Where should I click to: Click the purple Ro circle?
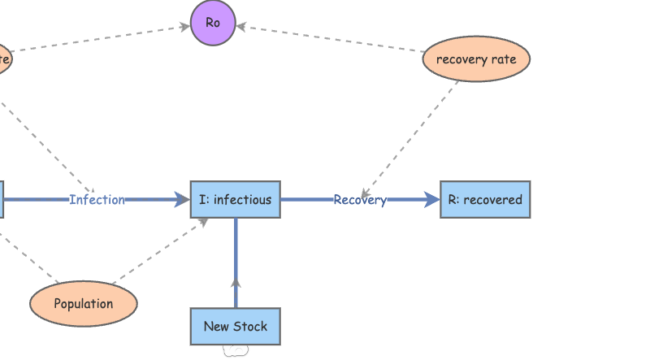pyautogui.click(x=213, y=24)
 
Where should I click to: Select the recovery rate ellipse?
pyautogui.click(x=476, y=59)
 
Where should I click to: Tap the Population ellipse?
pyautogui.click(x=84, y=304)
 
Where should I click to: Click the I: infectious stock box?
pyautogui.click(x=236, y=200)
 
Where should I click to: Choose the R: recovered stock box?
pyautogui.click(x=485, y=200)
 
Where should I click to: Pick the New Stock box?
pyautogui.click(x=236, y=327)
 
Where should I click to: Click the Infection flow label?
pyautogui.click(x=97, y=200)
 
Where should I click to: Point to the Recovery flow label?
pyautogui.click(x=360, y=200)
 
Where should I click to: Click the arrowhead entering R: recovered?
pyautogui.click(x=432, y=200)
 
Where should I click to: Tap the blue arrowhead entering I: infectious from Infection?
pyautogui.click(x=183, y=200)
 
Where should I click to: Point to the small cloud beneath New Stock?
pyautogui.click(x=235, y=350)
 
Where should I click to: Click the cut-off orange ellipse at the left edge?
pyautogui.click(x=4, y=59)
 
